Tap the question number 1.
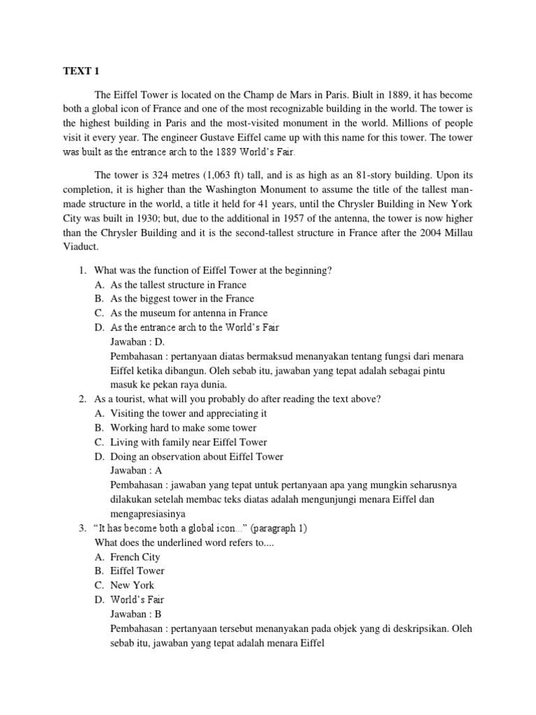(x=82, y=270)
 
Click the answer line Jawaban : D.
(x=137, y=341)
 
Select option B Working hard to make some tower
(x=183, y=427)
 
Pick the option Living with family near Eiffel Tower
(x=188, y=442)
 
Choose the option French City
(x=135, y=556)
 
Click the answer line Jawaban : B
(x=136, y=614)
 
